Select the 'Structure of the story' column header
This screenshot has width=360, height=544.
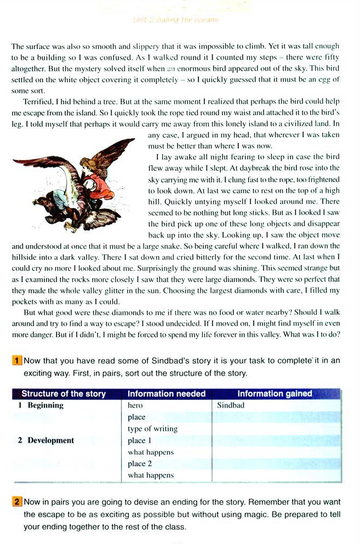pos(64,394)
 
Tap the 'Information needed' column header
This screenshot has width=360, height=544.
pos(167,394)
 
